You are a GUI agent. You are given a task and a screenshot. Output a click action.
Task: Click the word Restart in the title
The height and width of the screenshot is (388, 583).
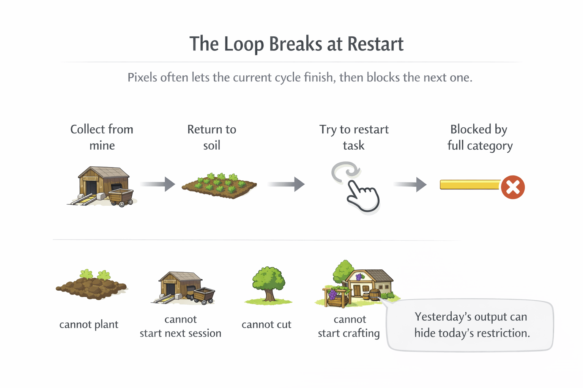coord(375,44)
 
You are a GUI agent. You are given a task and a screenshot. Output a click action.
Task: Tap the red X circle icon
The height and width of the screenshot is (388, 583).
coord(513,187)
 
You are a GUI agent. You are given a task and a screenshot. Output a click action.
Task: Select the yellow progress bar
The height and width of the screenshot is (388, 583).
coord(470,185)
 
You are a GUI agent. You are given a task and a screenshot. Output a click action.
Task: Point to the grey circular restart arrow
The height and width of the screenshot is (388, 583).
coord(345,171)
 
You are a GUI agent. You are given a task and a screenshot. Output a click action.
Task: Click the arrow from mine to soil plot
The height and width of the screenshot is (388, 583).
coord(158,184)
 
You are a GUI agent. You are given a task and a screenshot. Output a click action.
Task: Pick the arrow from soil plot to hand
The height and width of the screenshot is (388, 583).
coord(286,184)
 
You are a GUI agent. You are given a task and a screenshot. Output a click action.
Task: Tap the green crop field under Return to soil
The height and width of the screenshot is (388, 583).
coord(219,185)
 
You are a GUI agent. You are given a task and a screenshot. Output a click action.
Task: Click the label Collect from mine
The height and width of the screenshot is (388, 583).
coord(102,137)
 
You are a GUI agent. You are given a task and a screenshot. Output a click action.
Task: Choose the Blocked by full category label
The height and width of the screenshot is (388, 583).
coord(479,137)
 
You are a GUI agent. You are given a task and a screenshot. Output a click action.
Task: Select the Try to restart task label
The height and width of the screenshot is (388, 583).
coord(354,137)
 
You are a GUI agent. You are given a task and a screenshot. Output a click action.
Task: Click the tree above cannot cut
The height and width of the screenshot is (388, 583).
coord(268,284)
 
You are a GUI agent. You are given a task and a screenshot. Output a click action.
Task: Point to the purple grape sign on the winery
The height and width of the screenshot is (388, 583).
coord(359,277)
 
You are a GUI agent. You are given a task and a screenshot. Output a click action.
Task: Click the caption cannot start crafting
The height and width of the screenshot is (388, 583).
coord(349,326)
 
